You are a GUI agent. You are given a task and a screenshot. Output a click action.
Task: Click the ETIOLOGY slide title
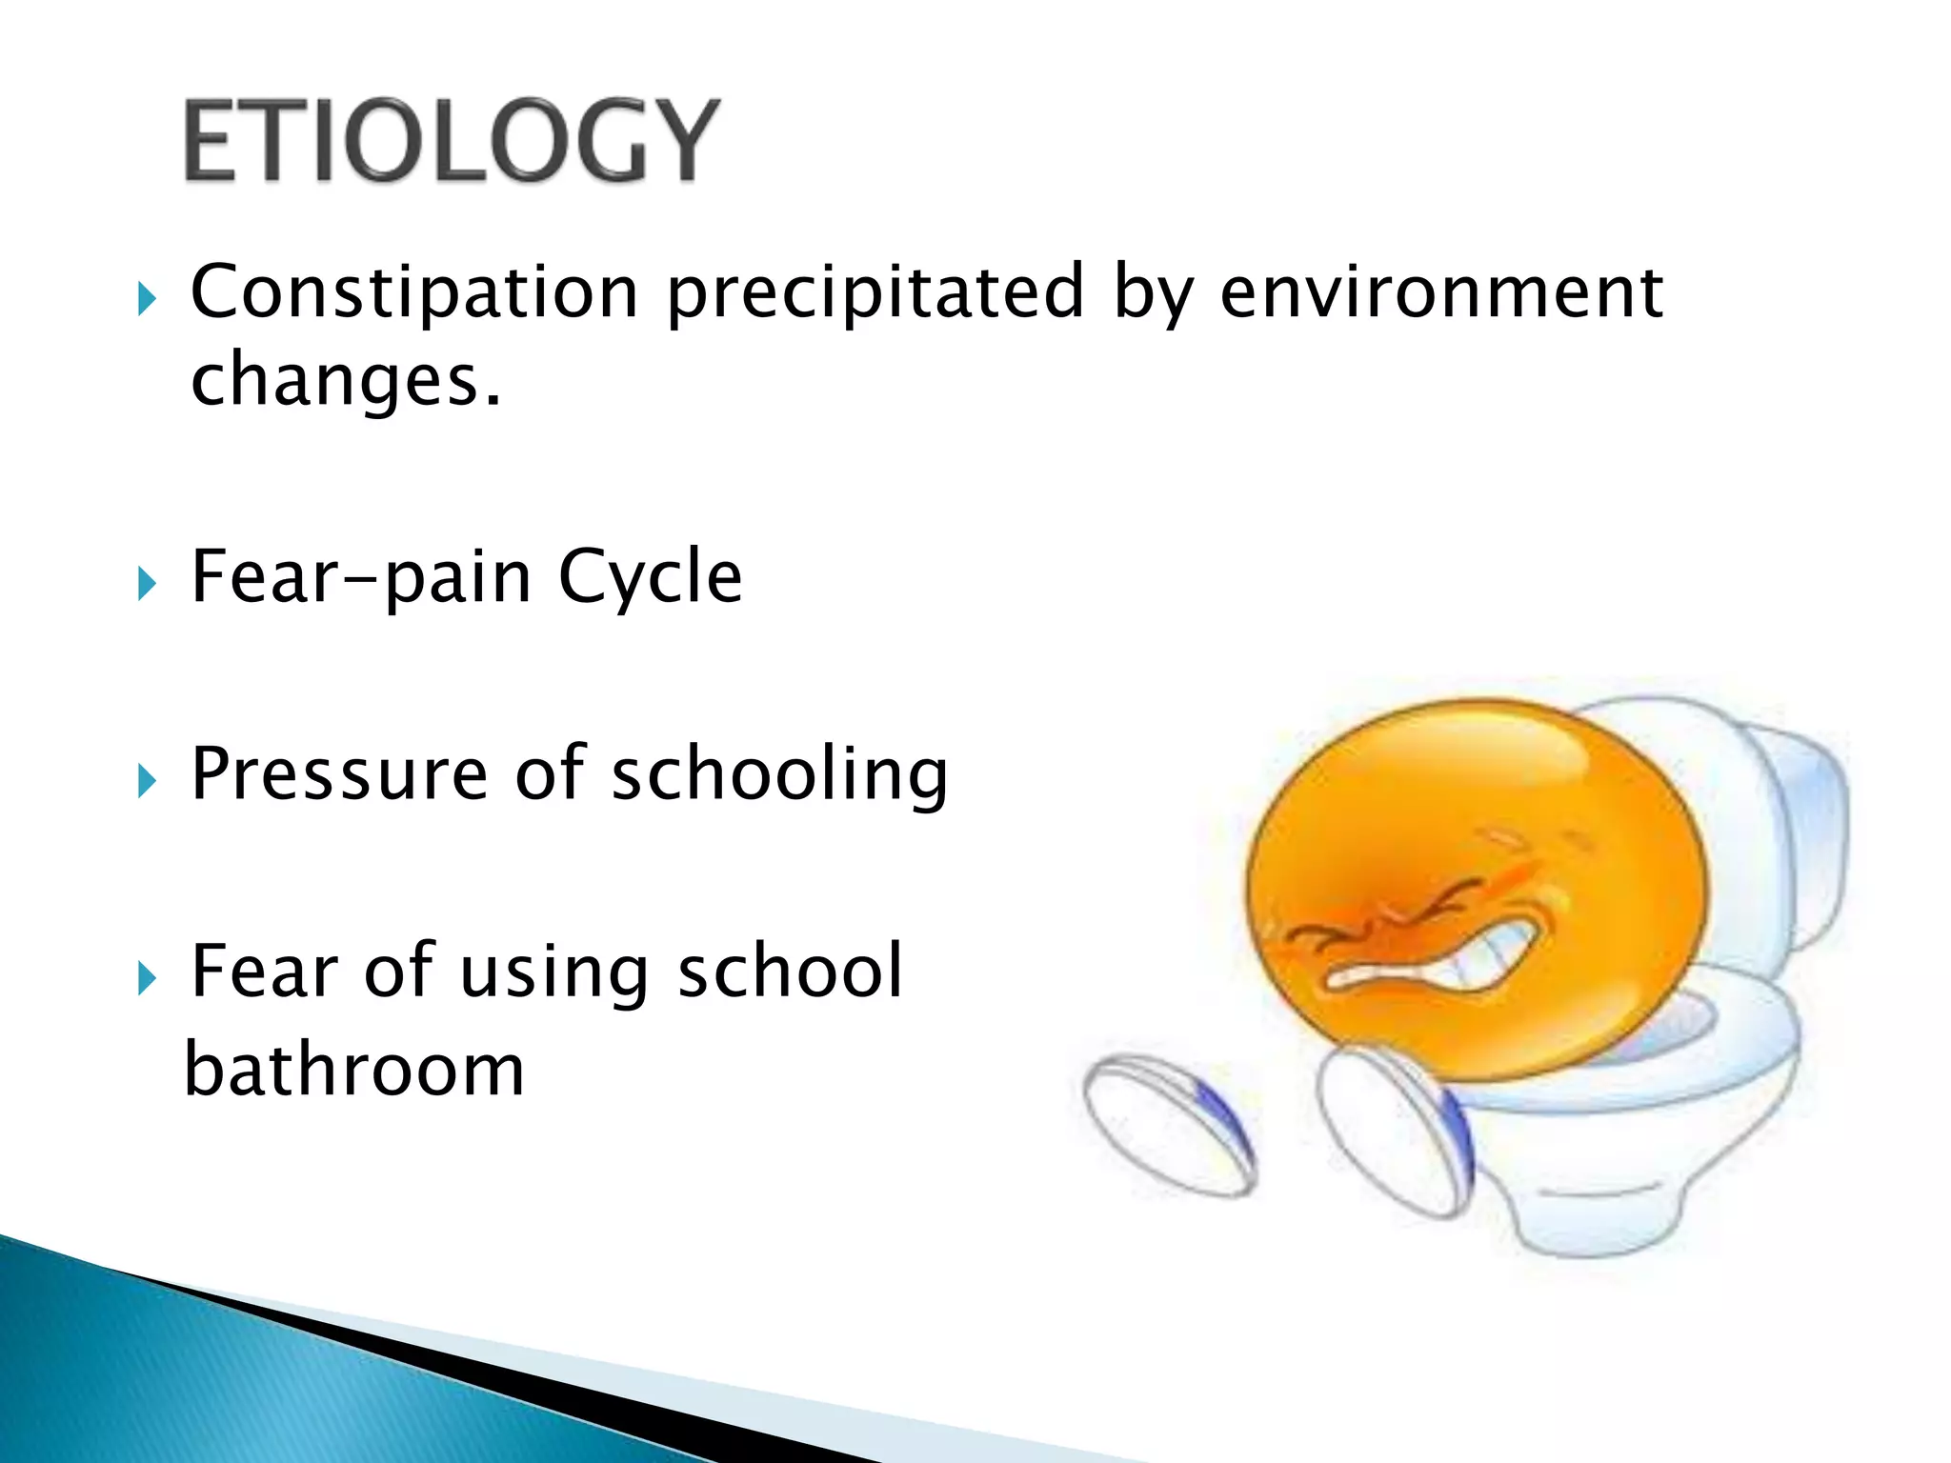point(450,141)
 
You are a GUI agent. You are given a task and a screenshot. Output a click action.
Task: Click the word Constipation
point(413,291)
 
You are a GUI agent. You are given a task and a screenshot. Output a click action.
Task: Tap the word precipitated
point(875,291)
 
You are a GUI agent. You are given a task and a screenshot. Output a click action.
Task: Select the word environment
point(1440,291)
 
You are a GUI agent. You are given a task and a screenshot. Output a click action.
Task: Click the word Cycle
point(650,577)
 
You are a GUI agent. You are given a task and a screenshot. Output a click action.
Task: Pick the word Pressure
point(339,773)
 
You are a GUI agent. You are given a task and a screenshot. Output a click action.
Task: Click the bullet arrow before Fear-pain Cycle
point(146,583)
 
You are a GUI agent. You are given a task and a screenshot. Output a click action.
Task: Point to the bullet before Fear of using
point(146,977)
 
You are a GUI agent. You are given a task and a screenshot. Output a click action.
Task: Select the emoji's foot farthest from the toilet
point(1170,1124)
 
